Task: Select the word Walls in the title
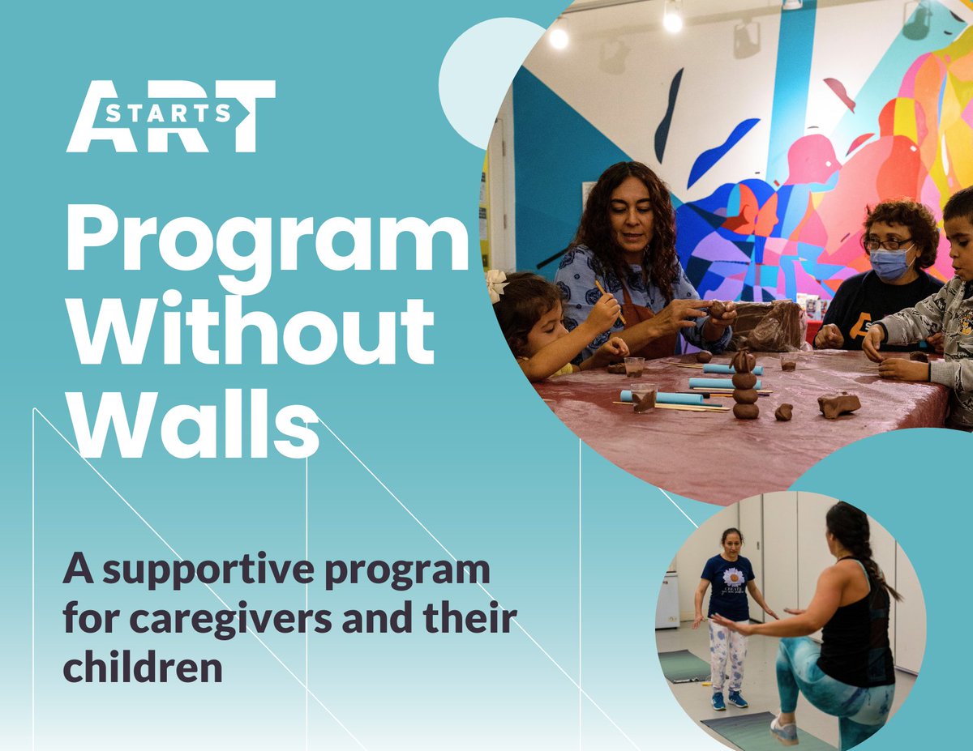pos(191,425)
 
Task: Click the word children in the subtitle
pos(143,668)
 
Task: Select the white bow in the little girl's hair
pos(495,284)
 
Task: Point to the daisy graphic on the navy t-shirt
pos(733,578)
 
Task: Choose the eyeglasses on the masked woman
pos(888,244)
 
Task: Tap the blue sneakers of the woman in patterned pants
pos(728,699)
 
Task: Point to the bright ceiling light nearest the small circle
pos(558,36)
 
